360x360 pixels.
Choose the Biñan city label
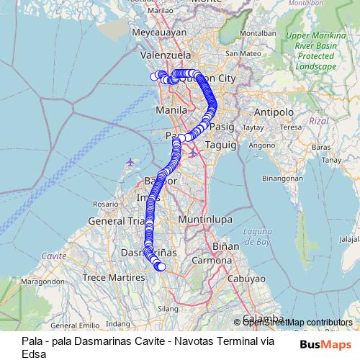(x=225, y=246)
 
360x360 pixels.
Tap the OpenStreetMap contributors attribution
(x=297, y=322)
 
